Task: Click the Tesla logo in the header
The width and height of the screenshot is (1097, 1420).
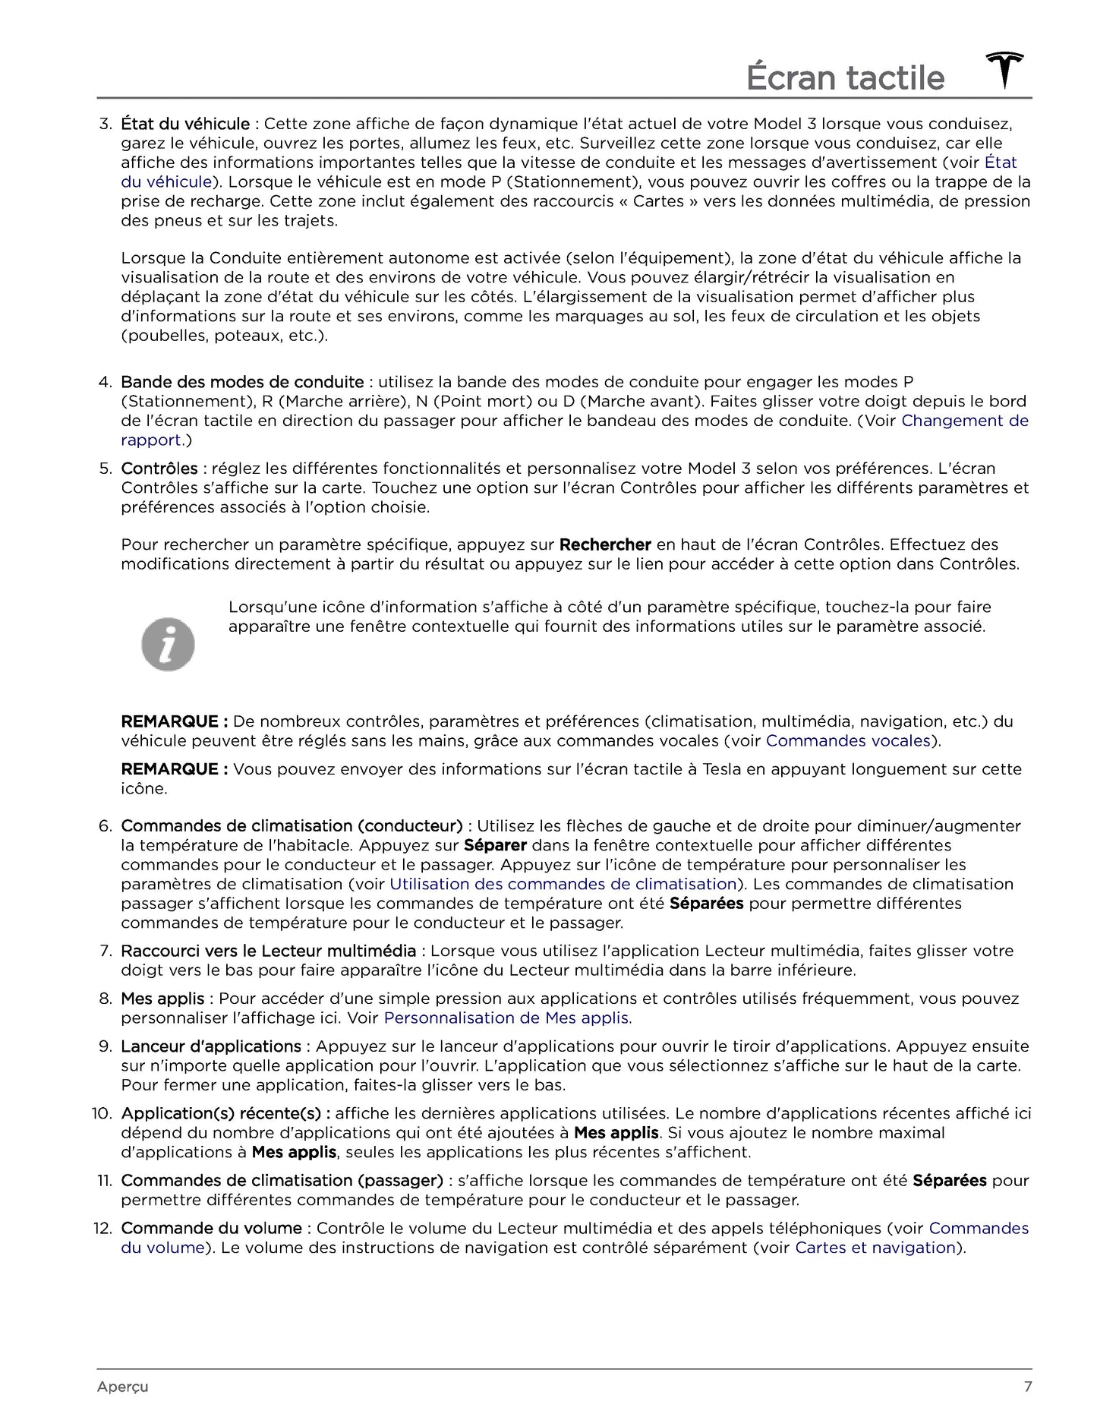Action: click(x=1004, y=71)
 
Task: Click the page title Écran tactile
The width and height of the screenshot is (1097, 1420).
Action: click(x=845, y=78)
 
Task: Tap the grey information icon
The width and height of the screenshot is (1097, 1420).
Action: click(x=168, y=645)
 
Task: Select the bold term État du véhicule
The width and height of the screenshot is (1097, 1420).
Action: click(x=185, y=124)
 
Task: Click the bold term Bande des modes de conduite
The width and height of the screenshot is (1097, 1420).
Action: click(x=242, y=382)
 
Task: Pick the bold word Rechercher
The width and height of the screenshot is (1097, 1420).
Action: click(x=605, y=544)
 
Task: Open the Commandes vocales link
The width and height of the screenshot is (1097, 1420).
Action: click(x=848, y=740)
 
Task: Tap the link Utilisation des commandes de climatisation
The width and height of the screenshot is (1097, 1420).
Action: click(x=563, y=884)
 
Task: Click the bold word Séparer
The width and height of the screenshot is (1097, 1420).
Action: click(x=495, y=845)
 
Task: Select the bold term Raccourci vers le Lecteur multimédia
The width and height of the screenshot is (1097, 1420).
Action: click(x=268, y=951)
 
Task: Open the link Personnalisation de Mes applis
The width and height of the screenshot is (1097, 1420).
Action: click(x=507, y=1018)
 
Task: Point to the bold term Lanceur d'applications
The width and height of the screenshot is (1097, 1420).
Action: click(x=211, y=1046)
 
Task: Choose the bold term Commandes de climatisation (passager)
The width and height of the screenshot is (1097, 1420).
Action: click(x=282, y=1180)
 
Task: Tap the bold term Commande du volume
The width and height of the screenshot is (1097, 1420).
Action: click(x=211, y=1228)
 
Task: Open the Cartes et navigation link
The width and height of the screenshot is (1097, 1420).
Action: click(x=875, y=1247)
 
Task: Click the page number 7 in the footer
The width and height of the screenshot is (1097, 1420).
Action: click(x=1027, y=1387)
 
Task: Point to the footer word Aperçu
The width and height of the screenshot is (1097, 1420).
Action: click(x=122, y=1387)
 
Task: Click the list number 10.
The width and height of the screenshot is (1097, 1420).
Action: click(x=102, y=1113)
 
